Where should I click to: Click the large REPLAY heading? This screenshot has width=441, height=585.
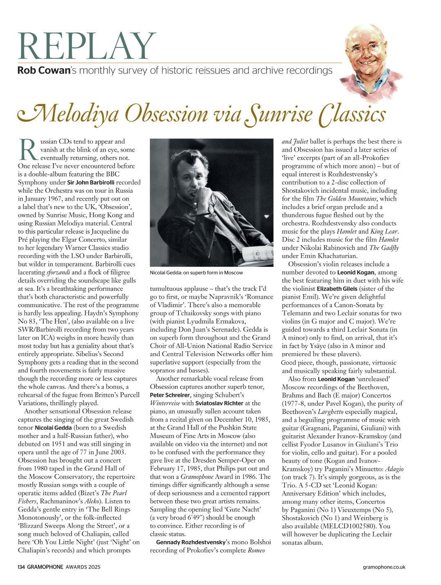87,46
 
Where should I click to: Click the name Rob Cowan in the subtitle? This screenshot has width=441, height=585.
44,71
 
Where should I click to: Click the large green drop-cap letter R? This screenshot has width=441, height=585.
28,150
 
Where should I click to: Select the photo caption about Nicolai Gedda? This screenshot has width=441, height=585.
196,272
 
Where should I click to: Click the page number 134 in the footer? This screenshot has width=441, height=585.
21,567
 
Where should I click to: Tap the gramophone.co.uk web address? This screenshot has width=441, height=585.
384,567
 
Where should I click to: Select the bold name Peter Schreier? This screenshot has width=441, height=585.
170,395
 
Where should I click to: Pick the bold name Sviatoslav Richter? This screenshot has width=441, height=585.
219,403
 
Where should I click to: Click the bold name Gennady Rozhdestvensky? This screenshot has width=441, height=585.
191,542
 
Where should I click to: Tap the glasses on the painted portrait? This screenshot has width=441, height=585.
369,48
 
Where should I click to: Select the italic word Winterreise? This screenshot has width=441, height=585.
165,403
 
